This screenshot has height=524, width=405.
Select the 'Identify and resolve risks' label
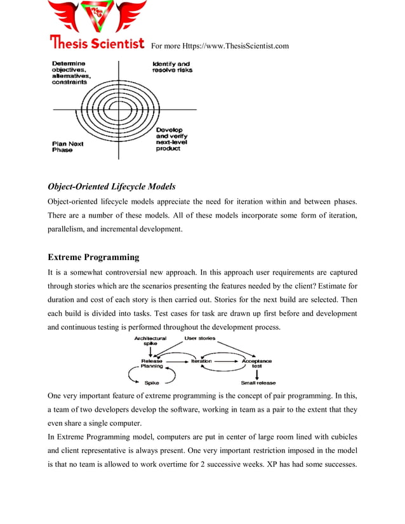click(171, 67)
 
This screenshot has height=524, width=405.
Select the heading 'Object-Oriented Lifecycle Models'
click(112, 187)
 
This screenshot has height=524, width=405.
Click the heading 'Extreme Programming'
click(93, 258)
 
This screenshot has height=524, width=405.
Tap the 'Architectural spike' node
click(150, 341)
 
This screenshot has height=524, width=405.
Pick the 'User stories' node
click(199, 339)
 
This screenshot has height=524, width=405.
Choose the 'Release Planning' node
click(152, 364)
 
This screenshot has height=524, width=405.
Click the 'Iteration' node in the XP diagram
click(201, 361)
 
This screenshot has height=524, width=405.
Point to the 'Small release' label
click(258, 383)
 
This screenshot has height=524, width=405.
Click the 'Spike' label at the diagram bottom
click(152, 383)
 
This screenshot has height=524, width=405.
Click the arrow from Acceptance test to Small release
click(256, 374)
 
